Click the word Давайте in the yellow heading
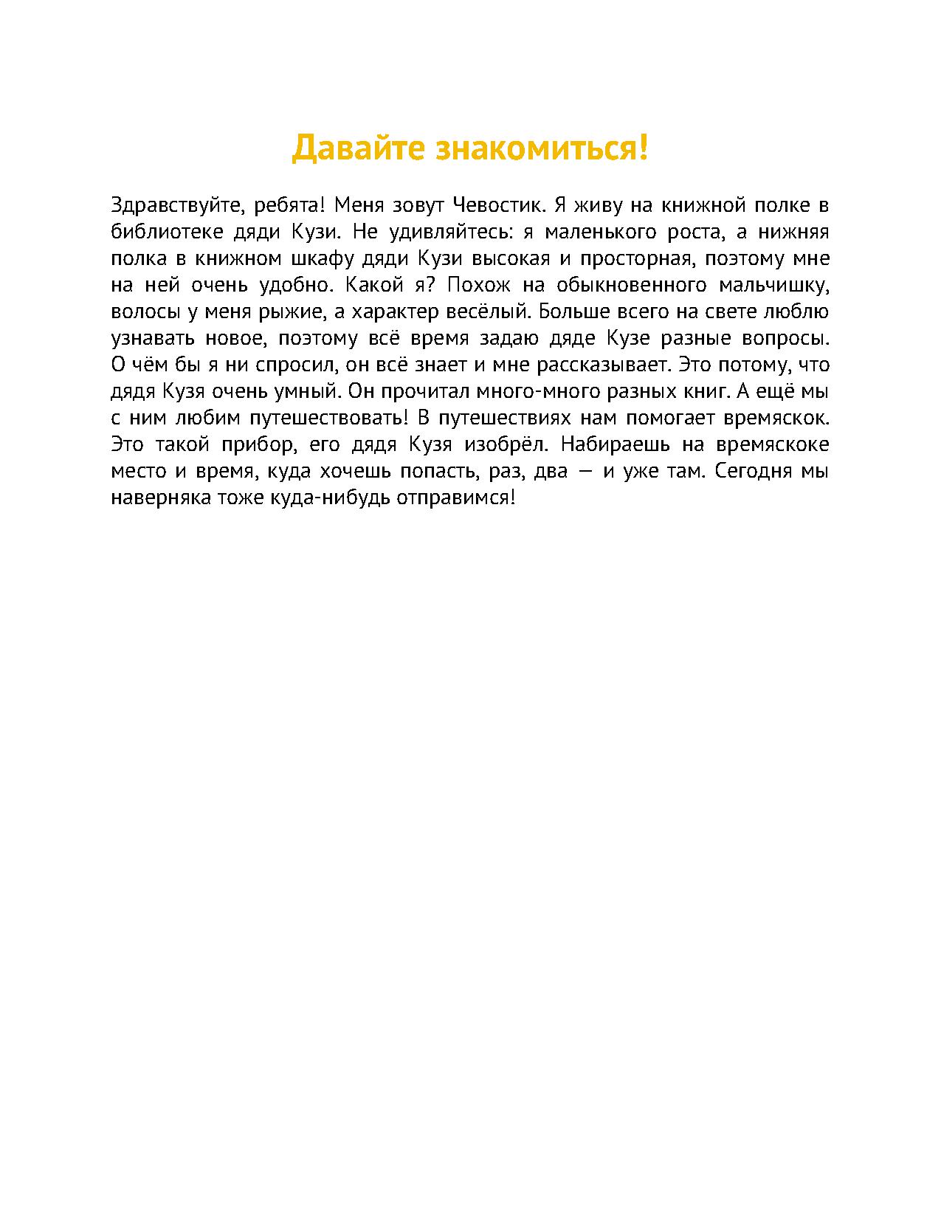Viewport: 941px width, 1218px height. (357, 148)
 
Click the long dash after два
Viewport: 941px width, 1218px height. (587, 472)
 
